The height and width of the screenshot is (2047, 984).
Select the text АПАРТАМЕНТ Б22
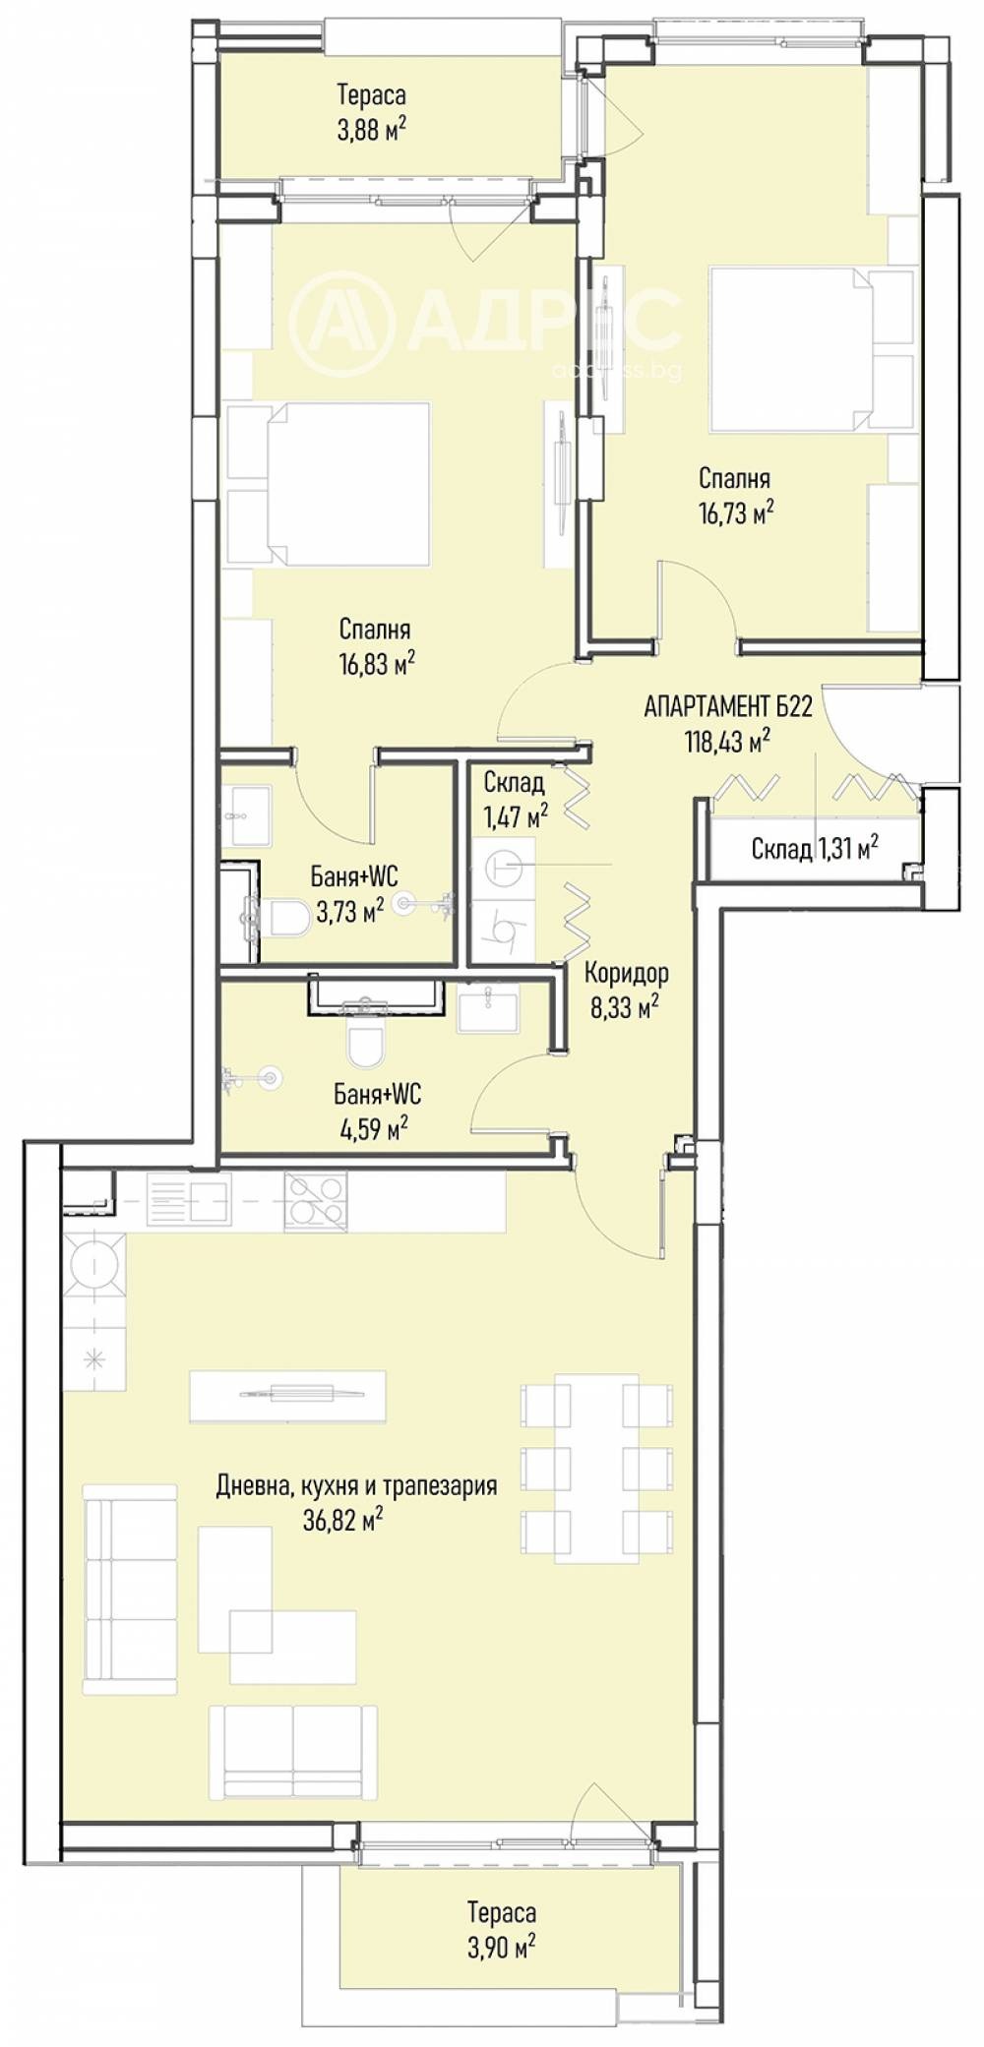[727, 706]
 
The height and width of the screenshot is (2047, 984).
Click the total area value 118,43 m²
[727, 741]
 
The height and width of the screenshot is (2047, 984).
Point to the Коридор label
[626, 973]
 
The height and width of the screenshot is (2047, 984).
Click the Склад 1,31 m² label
[815, 848]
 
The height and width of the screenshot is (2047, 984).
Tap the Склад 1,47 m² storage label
[515, 799]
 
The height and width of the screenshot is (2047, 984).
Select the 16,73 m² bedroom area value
[735, 512]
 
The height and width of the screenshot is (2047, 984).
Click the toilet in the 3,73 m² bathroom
[285, 918]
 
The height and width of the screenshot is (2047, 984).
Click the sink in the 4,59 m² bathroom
[488, 1011]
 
